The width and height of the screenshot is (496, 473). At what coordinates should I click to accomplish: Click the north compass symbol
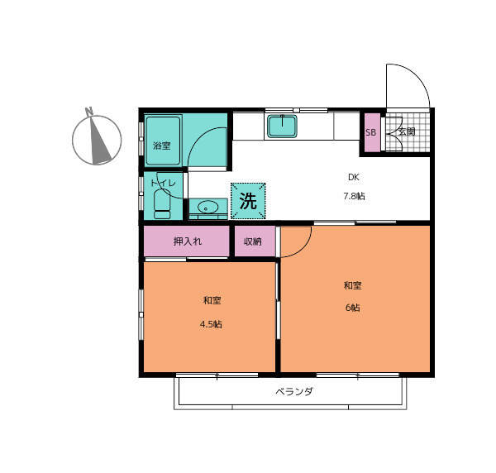coord(97,140)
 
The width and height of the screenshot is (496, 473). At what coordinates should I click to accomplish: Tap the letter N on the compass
coord(89,112)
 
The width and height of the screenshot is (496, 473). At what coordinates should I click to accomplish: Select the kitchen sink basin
coord(282,127)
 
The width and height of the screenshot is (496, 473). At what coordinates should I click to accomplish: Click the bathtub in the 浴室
coord(163,140)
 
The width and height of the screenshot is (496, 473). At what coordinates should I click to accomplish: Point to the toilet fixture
coord(162,203)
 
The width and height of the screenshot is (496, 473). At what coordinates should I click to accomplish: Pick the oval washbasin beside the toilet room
coord(207,208)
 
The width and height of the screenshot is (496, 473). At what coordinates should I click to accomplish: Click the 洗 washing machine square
coord(248,201)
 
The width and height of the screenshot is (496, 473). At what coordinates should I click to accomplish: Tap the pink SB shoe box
coord(372,132)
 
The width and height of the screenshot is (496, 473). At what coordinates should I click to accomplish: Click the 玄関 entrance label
coord(407,131)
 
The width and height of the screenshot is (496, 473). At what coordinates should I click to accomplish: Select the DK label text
coord(353,177)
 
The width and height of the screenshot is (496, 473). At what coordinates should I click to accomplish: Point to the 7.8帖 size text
coord(354,196)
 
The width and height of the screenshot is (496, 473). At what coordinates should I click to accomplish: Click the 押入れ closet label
coord(188,241)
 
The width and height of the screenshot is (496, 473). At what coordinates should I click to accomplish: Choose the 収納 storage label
coord(253,241)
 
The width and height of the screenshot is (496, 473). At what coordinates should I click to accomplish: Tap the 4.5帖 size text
coord(211,324)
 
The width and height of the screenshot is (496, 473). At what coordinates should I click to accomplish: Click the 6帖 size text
coord(352,308)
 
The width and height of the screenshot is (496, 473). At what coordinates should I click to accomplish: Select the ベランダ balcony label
coord(294,392)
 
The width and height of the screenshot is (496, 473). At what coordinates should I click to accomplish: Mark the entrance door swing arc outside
coord(417,75)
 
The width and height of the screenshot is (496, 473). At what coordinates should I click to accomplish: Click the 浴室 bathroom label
coord(162,146)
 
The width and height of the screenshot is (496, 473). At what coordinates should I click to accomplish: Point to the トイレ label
coord(163,183)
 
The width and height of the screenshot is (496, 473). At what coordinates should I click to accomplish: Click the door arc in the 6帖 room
coord(303,249)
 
